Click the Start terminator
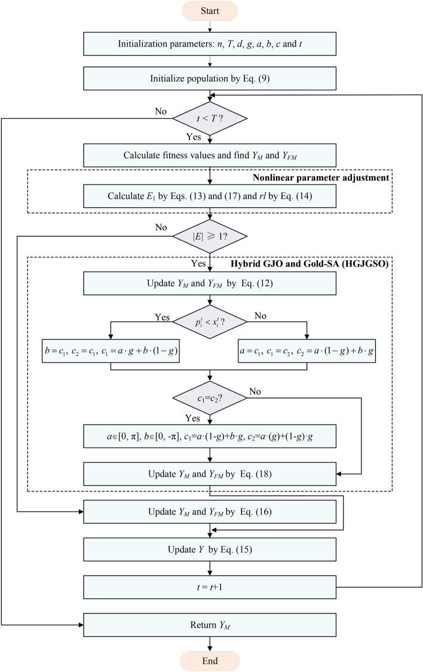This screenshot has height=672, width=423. tap(210, 11)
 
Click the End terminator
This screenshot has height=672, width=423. tap(210, 661)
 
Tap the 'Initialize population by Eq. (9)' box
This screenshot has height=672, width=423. tap(210, 78)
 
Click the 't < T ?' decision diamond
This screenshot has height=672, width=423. tap(210, 118)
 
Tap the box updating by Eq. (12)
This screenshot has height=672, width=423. tap(210, 283)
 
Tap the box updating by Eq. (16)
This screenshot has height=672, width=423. tap(210, 512)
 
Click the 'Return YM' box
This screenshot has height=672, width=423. tap(210, 625)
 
